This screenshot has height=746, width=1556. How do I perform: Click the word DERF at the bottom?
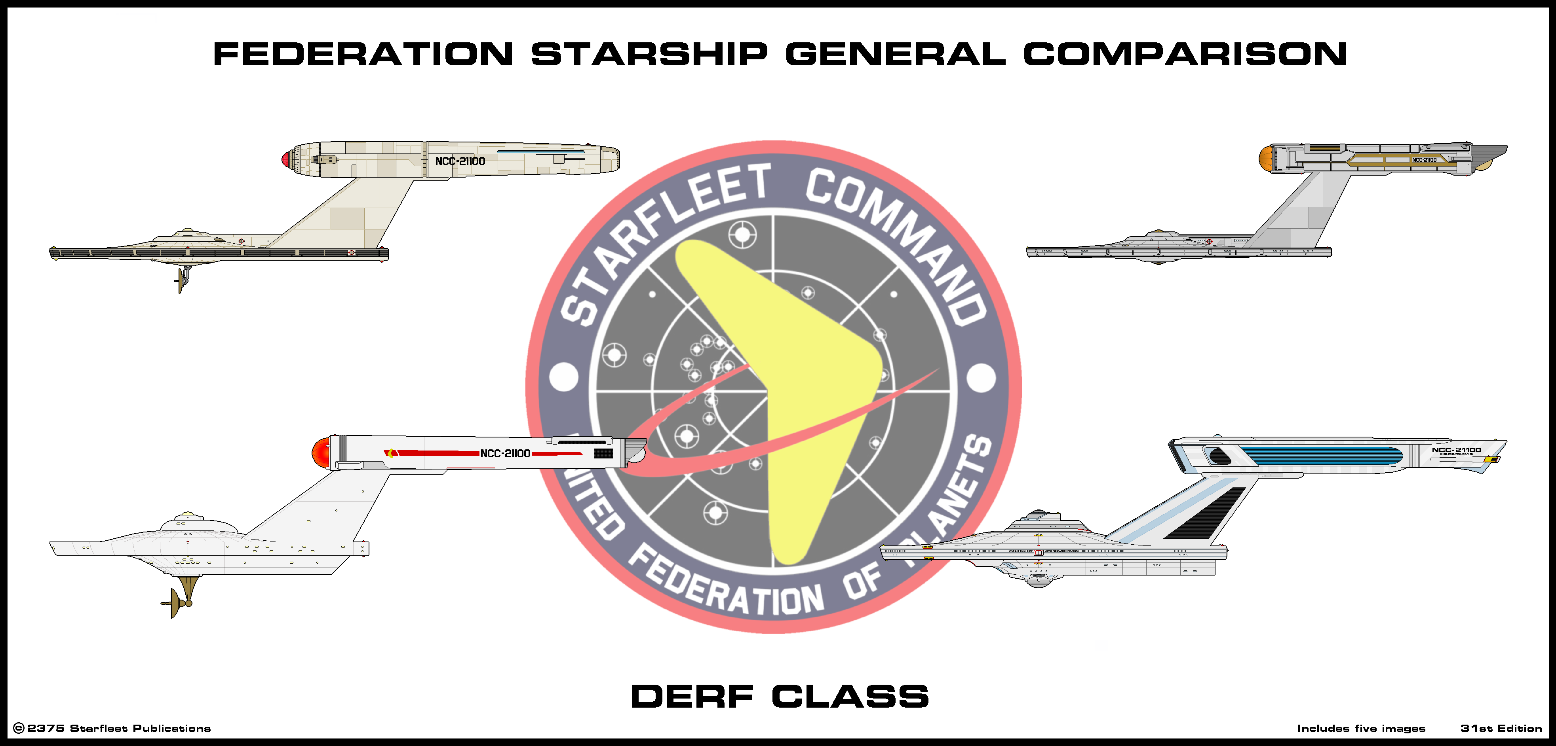click(692, 697)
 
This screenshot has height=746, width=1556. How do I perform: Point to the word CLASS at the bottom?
click(850, 697)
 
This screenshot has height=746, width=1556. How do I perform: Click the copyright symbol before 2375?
click(19, 729)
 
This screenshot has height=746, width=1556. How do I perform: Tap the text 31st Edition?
click(1501, 729)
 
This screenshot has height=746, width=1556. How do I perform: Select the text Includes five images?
click(1361, 729)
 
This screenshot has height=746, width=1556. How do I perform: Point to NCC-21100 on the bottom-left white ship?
click(505, 453)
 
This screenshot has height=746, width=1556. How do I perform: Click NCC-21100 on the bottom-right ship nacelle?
click(1456, 450)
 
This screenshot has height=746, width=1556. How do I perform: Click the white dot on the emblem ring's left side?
click(563, 377)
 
